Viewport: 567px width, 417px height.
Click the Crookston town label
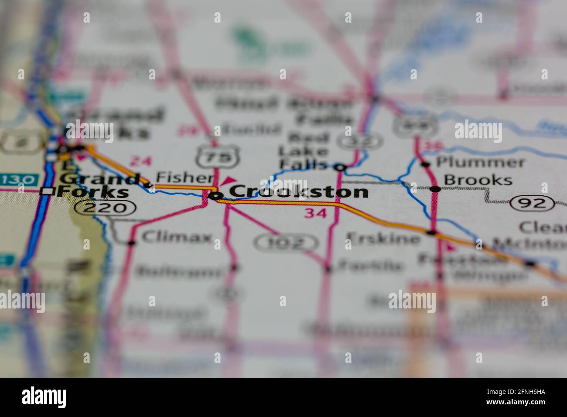coord(298,191)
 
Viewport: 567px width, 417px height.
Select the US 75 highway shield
coord(213,156)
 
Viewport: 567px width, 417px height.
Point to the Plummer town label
coord(480,163)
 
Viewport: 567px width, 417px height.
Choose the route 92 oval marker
coord(533,203)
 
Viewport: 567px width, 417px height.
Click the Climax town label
coord(177,238)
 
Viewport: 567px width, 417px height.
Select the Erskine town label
coord(383,238)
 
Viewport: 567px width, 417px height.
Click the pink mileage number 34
coord(315,214)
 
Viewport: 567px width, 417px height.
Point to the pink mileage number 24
coord(141,161)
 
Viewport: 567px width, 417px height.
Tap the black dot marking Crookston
coord(215,196)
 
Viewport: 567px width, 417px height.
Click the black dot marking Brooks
coord(435,189)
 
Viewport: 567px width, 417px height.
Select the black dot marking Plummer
coord(426,164)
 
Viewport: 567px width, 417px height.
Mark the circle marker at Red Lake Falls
coord(340,167)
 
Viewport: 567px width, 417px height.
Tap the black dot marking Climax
coord(131,242)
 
